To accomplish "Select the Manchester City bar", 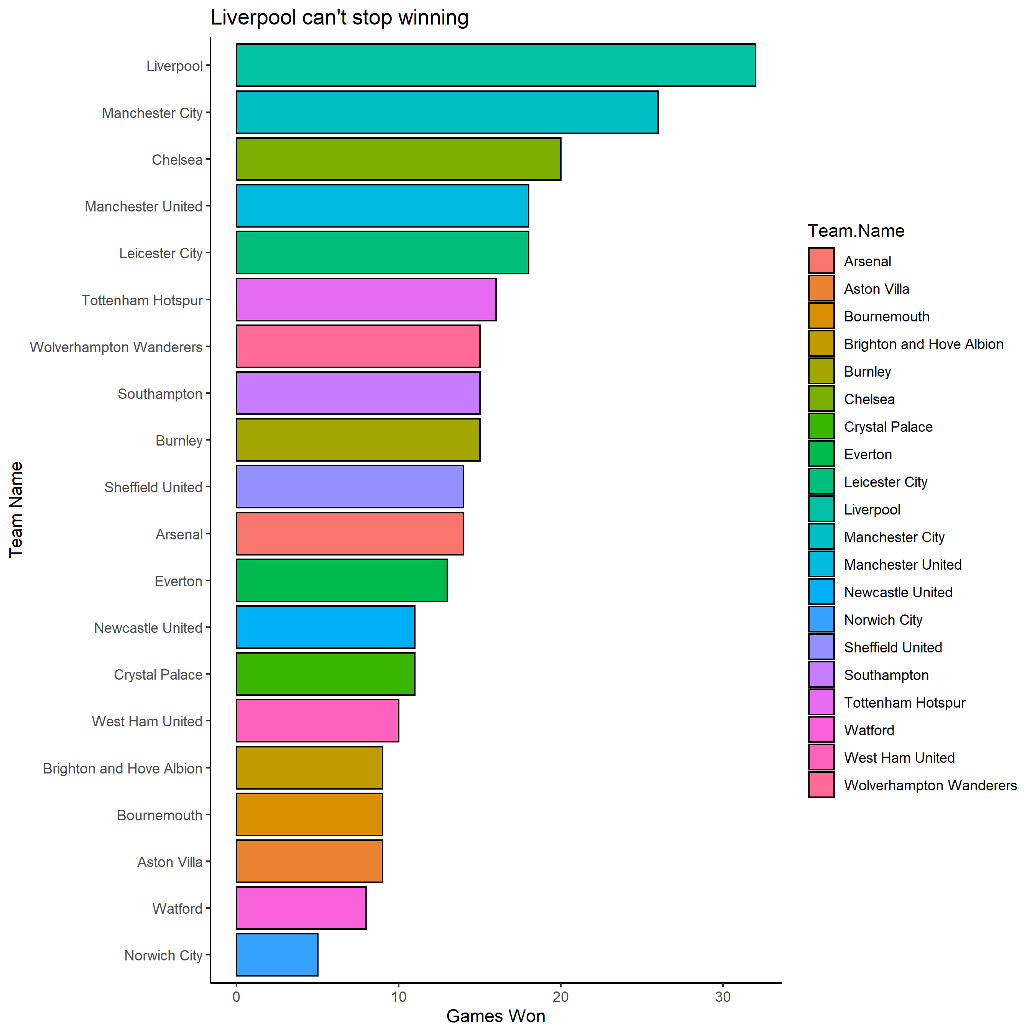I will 447,112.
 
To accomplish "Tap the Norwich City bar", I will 277,955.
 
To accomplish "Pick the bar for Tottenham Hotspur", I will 366,299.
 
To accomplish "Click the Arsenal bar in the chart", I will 349,533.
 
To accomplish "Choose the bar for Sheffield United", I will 349,486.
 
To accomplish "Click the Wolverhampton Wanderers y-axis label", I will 116,347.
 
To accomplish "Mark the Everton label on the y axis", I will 178,581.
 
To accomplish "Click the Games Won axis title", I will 496,1016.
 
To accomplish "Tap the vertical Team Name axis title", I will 16,510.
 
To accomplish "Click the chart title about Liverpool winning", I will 339,18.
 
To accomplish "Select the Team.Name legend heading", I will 856,231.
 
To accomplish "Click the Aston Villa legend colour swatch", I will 821,288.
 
